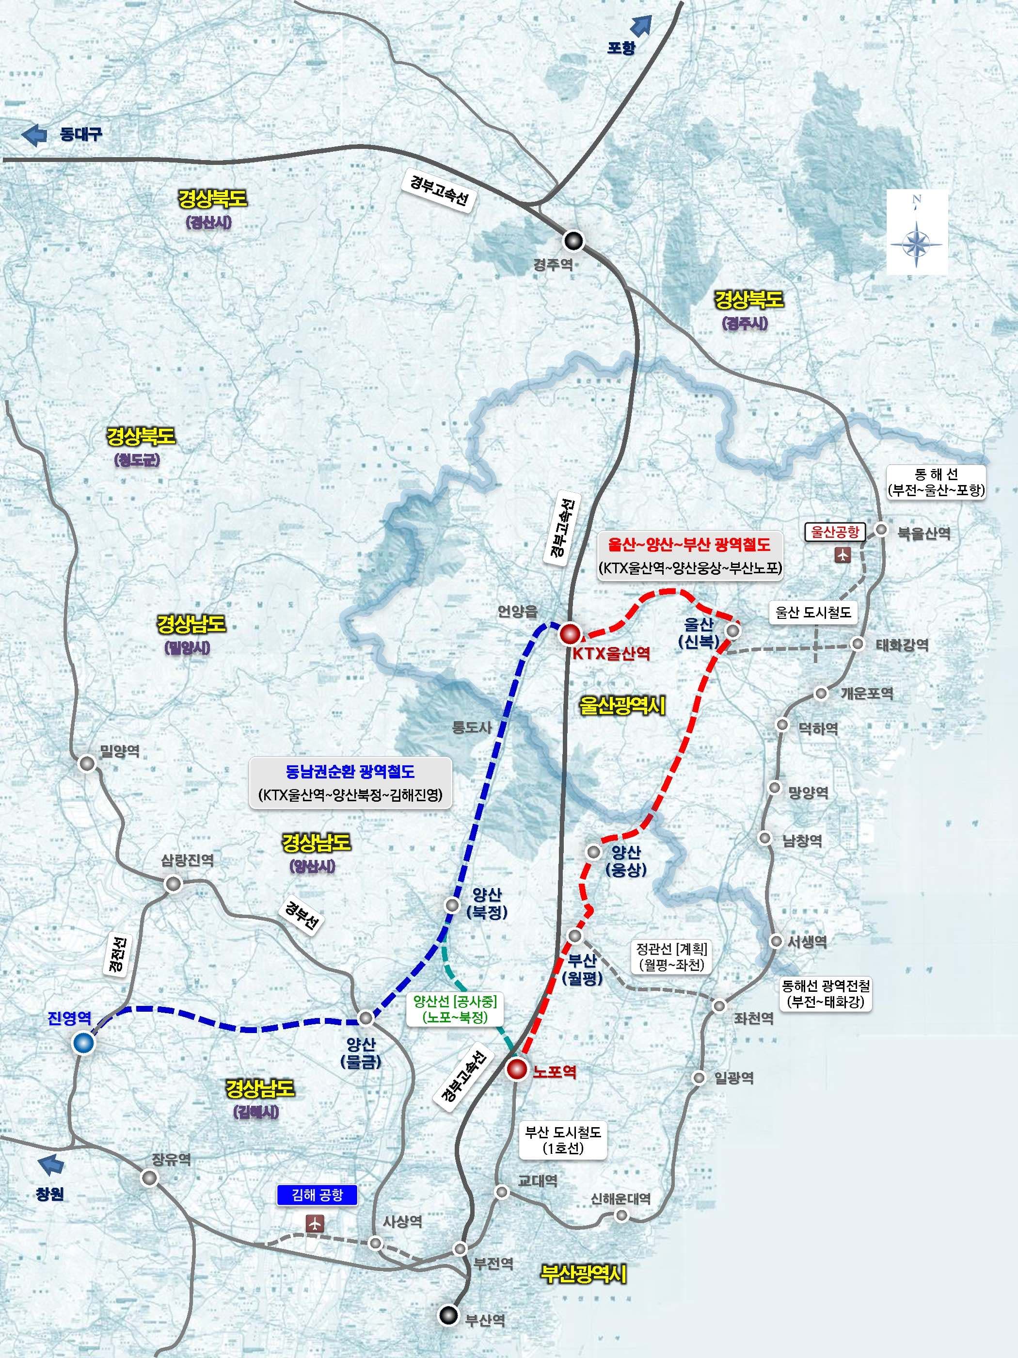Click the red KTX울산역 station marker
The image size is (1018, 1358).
[x=570, y=633]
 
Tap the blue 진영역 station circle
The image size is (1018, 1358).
[x=83, y=1042]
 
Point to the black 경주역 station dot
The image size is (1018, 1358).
[x=574, y=240]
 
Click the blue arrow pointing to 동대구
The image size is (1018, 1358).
[x=34, y=134]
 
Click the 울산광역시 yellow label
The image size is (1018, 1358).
[x=622, y=706]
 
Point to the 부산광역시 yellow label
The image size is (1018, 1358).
[x=583, y=1273]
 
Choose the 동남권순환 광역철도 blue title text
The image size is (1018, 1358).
[x=350, y=772]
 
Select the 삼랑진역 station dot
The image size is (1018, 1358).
[x=173, y=884]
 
